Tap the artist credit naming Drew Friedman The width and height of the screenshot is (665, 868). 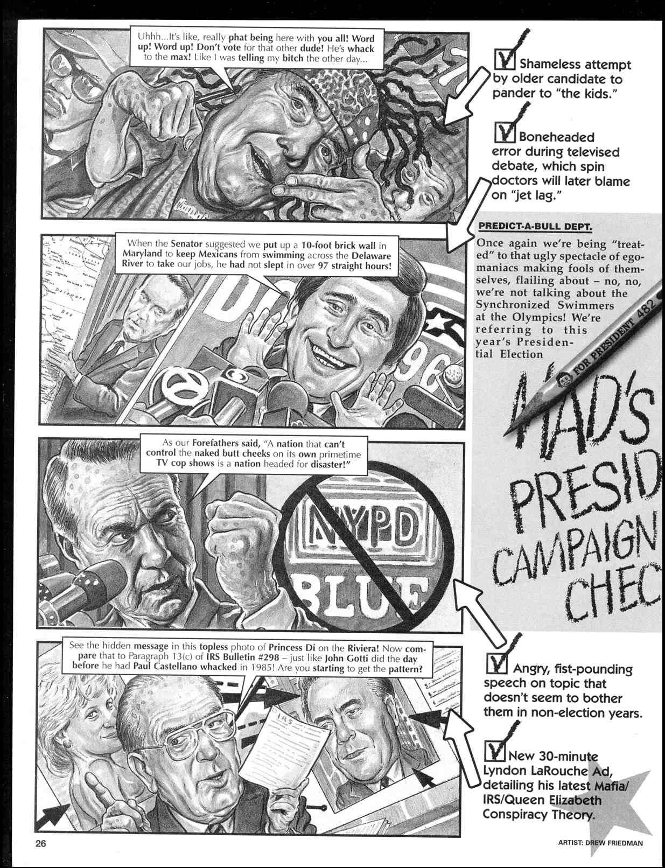pyautogui.click(x=600, y=843)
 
